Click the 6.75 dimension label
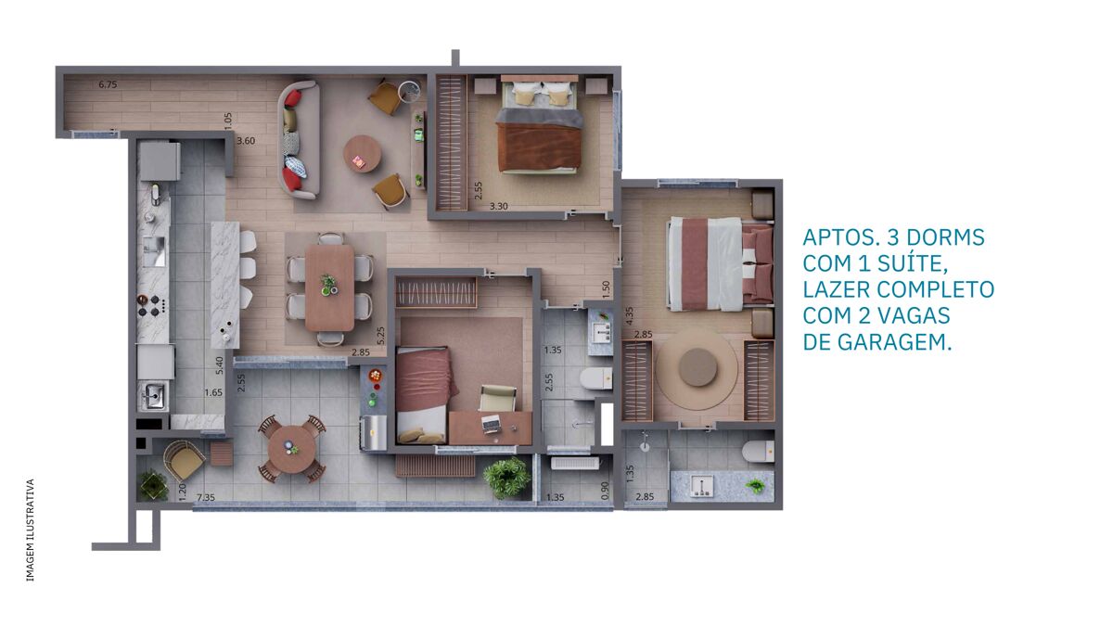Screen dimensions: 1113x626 (108, 84)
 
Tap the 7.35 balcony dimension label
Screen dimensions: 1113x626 (206, 497)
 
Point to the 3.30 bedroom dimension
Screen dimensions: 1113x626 (499, 206)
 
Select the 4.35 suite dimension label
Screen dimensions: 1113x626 (630, 316)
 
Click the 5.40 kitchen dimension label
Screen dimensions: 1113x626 (220, 365)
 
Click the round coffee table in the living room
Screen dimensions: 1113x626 (363, 154)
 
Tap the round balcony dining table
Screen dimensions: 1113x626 (291, 449)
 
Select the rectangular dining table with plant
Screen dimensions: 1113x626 (329, 287)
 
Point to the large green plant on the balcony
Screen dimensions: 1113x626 (506, 478)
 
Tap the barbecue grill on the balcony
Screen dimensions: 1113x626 (373, 433)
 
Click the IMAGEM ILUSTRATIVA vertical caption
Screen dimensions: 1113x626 (31, 530)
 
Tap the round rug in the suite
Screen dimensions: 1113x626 (697, 368)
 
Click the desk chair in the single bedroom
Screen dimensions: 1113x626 (498, 398)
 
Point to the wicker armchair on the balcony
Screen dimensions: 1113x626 (184, 460)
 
